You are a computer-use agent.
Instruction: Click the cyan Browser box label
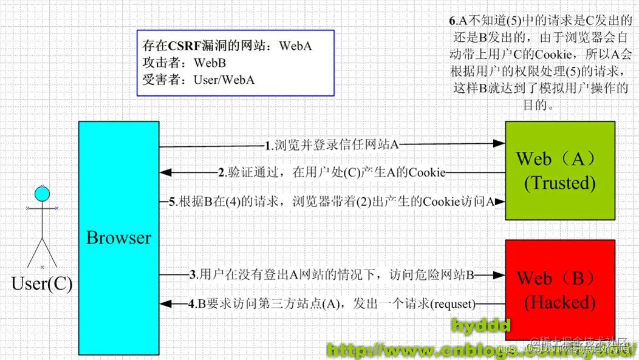118,238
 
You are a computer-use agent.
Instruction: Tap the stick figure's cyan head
41,194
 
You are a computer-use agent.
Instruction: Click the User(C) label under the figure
42,284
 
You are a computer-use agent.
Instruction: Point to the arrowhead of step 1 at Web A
499,144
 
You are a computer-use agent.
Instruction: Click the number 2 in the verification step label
222,173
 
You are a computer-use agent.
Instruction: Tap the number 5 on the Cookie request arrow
173,202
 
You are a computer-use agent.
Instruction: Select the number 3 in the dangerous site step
193,274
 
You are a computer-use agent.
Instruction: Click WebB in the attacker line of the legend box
210,63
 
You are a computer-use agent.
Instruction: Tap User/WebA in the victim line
224,80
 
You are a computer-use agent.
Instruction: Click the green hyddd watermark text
480,325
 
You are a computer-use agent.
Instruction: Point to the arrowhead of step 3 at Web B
499,274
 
